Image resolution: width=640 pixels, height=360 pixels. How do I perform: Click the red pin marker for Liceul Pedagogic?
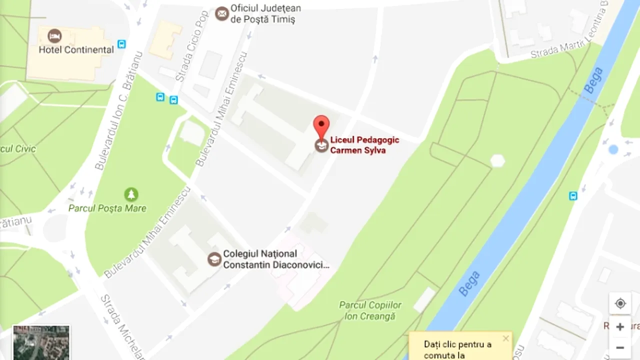tap(321, 125)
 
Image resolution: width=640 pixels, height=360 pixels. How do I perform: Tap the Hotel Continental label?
tap(76, 50)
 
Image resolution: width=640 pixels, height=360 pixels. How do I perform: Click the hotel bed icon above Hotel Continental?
tap(54, 36)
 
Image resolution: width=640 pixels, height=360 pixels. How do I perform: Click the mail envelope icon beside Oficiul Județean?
tap(222, 13)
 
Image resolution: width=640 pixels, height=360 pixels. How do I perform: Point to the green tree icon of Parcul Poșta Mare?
tap(131, 194)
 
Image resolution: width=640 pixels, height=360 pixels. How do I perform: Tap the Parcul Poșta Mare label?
tap(107, 208)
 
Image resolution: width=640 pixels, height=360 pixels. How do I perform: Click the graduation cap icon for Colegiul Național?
tap(214, 259)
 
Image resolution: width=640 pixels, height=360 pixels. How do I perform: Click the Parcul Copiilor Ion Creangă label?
tap(370, 310)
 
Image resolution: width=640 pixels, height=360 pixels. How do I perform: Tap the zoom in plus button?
tap(620, 327)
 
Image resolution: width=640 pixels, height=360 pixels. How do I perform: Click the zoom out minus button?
tap(620, 347)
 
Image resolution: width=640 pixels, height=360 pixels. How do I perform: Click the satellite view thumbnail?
tap(41, 342)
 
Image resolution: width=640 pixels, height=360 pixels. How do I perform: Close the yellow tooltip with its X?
tap(505, 338)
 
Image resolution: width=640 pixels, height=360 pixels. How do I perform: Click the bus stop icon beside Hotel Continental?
tap(121, 44)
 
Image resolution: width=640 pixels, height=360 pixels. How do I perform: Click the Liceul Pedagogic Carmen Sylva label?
tap(364, 145)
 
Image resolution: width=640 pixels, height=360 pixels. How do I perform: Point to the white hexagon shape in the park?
tap(497, 161)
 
